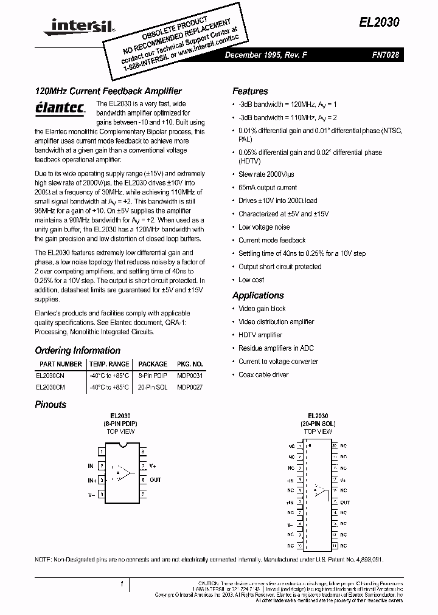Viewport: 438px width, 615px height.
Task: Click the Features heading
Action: click(250, 91)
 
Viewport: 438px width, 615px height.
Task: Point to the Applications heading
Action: click(258, 295)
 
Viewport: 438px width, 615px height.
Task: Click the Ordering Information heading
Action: click(77, 351)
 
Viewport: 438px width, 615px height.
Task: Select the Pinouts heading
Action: click(50, 405)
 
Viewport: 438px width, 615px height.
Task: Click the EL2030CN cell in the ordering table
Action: click(52, 376)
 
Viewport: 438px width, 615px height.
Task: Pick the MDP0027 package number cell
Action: click(190, 387)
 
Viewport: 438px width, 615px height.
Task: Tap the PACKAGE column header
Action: click(152, 365)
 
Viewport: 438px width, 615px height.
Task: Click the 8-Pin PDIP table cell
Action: click(152, 376)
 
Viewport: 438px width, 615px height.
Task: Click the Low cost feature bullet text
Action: click(251, 280)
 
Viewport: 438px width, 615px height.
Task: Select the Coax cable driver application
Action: click(263, 375)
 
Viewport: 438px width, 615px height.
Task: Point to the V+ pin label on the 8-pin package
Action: click(153, 466)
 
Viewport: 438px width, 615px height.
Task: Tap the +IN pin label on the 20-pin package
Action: click(290, 503)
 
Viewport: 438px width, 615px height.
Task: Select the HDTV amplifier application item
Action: click(260, 335)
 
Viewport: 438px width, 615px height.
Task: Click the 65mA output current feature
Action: click(268, 188)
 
